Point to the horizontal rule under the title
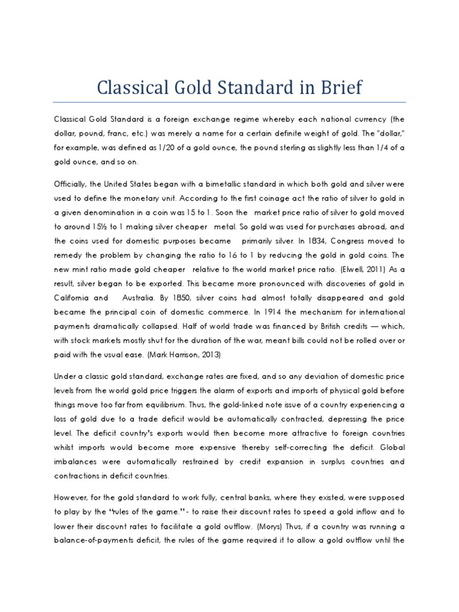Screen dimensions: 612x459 pos(229,102)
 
